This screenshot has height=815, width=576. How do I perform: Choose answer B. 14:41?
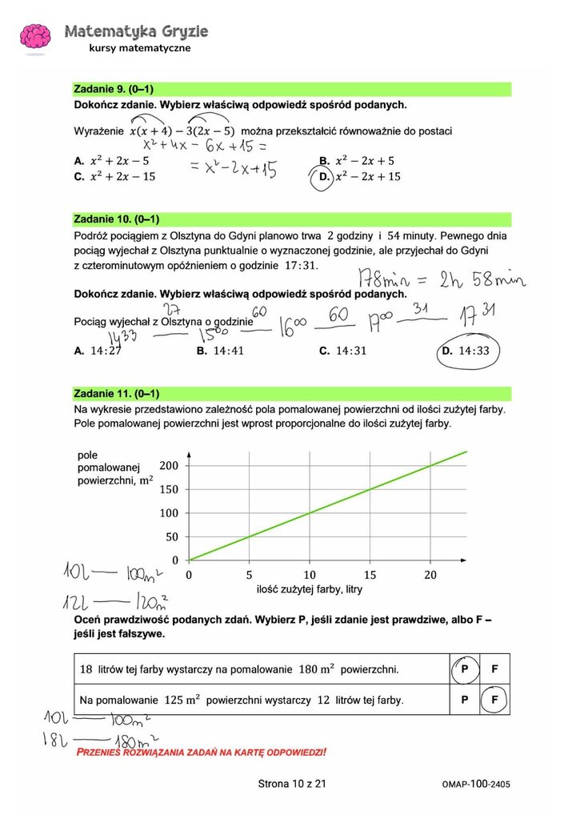pos(220,351)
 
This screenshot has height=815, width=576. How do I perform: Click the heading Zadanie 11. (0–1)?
pos(118,393)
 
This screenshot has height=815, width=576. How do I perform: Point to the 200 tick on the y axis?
pos(170,465)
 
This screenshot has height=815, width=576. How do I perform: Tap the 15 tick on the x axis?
pos(370,575)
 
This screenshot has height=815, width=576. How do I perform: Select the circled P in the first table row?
pos(463,668)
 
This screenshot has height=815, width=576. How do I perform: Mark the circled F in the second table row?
pos(494,700)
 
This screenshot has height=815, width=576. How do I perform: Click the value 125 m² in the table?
pos(182,700)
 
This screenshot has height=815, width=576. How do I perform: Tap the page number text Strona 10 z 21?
pos(292,784)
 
